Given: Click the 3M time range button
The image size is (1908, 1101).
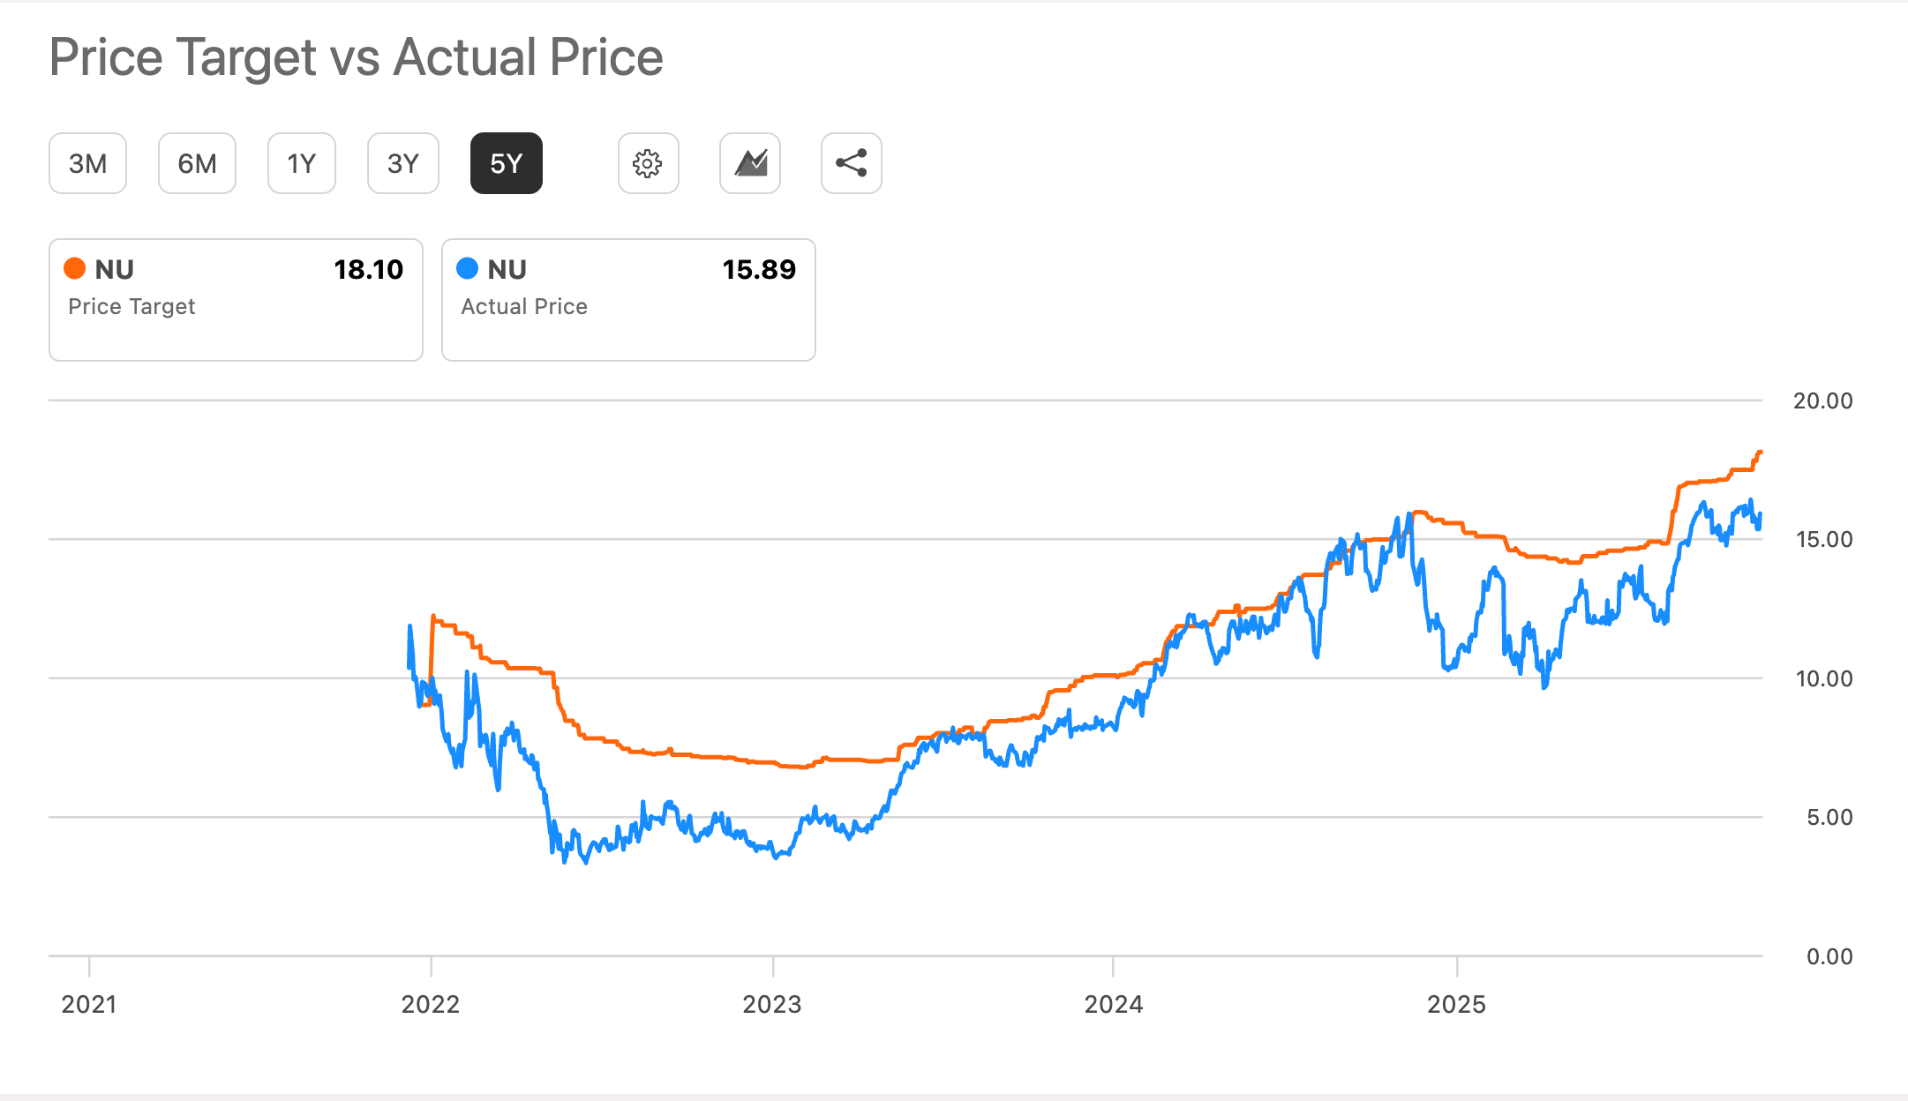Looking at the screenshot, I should coord(87,163).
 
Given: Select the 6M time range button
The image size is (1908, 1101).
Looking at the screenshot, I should coord(197,163).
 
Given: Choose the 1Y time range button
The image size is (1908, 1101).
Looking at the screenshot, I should coord(301,163).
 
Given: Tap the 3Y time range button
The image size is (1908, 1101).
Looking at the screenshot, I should coord(402,163).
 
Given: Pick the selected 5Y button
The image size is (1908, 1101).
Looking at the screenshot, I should coord(506,163).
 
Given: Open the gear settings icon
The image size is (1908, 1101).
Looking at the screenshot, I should coord(648,163).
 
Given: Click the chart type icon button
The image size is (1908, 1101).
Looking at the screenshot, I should coord(750,163).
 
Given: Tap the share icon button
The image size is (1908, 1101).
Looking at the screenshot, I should coord(851,163).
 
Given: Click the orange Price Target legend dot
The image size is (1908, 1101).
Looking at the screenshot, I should coord(75,268).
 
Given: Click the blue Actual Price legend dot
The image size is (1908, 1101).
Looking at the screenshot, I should coord(468,268).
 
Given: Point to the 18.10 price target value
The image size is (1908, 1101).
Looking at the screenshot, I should coord(368,269).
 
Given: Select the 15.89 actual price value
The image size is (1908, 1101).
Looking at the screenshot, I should coord(759,269).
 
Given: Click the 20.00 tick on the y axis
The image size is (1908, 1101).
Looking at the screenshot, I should coord(1822,401).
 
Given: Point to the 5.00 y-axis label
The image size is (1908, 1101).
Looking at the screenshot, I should coord(1829,817).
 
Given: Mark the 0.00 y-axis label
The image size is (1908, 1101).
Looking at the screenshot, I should coord(1829,956).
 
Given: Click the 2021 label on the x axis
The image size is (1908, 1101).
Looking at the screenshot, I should coord(88,1004).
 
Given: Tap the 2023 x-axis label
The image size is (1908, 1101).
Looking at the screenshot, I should coord(772,1004).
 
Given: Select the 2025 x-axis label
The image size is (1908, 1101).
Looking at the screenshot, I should coord(1456,1004).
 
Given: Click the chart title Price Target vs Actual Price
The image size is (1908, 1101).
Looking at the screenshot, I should coord(356,57).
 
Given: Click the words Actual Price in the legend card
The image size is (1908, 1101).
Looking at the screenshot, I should coord(524,306).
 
